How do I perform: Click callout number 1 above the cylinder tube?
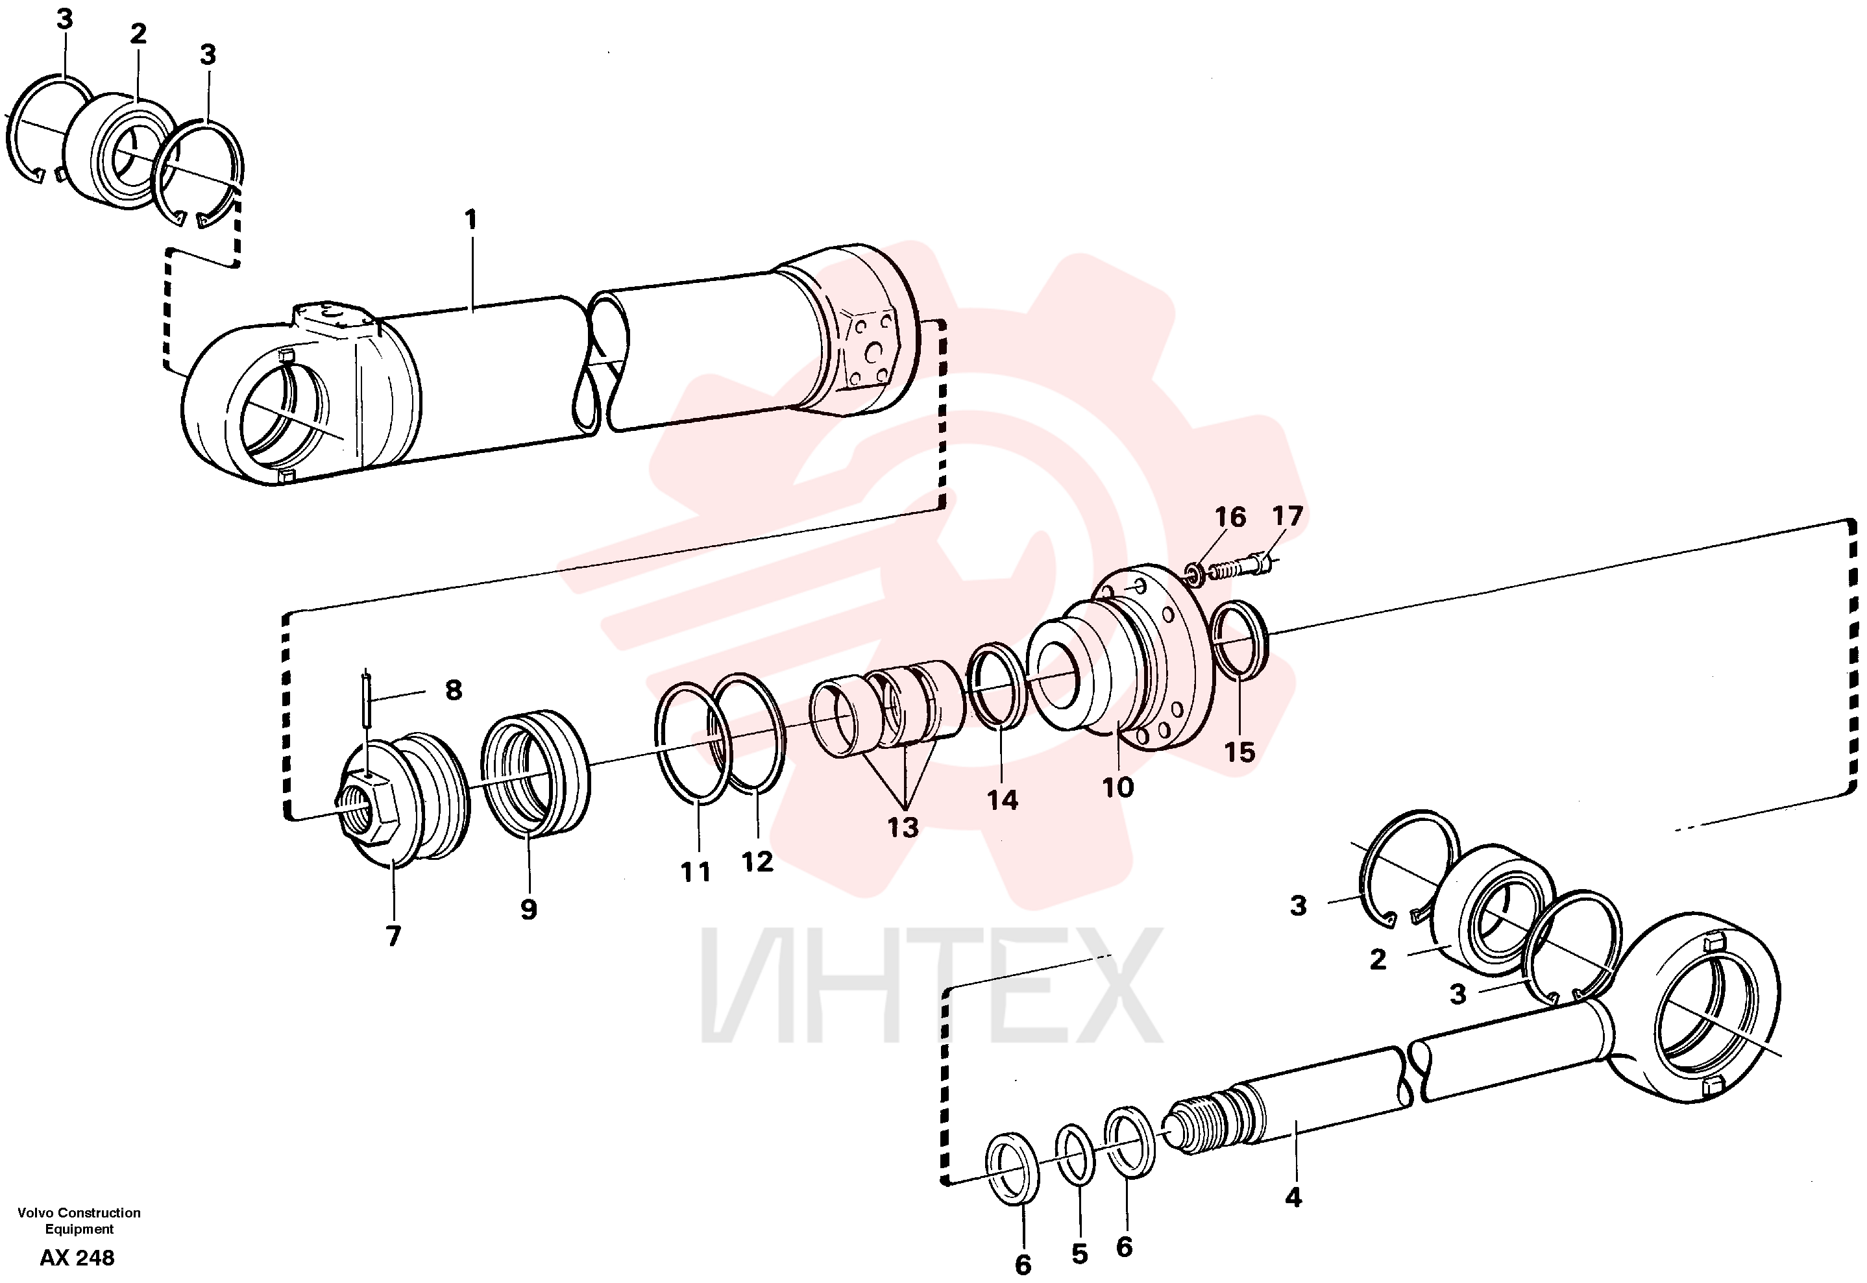471,219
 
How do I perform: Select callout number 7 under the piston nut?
393,936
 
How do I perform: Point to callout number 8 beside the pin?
454,690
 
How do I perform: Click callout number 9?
528,909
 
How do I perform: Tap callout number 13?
903,827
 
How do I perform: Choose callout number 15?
1239,752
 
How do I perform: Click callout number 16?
1230,517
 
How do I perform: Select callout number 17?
1287,515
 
